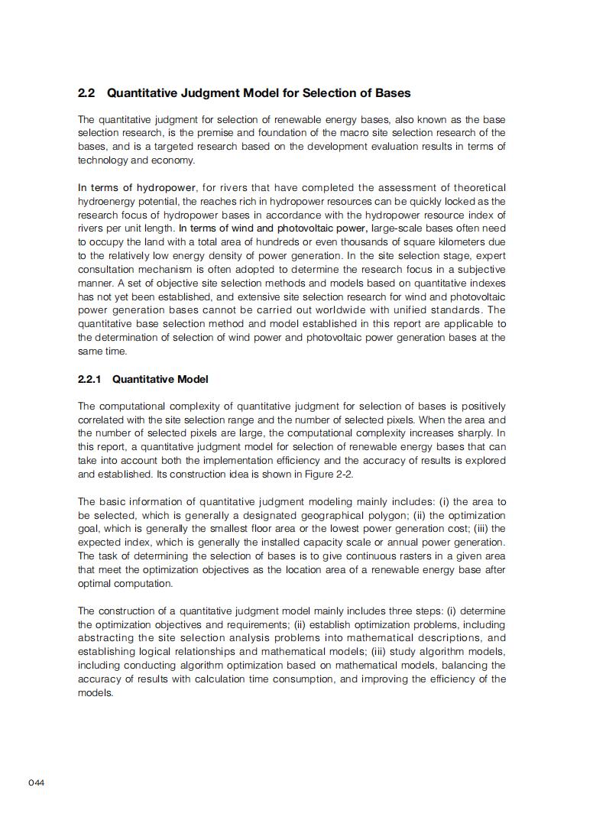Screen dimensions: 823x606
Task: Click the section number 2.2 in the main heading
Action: coord(86,93)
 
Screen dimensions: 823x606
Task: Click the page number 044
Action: coord(37,782)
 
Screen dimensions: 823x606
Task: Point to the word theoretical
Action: coord(477,188)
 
